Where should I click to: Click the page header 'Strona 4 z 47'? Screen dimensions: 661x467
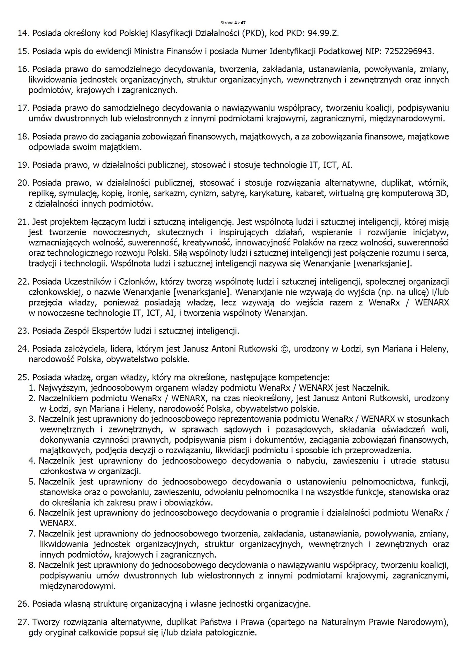click(x=233, y=23)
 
